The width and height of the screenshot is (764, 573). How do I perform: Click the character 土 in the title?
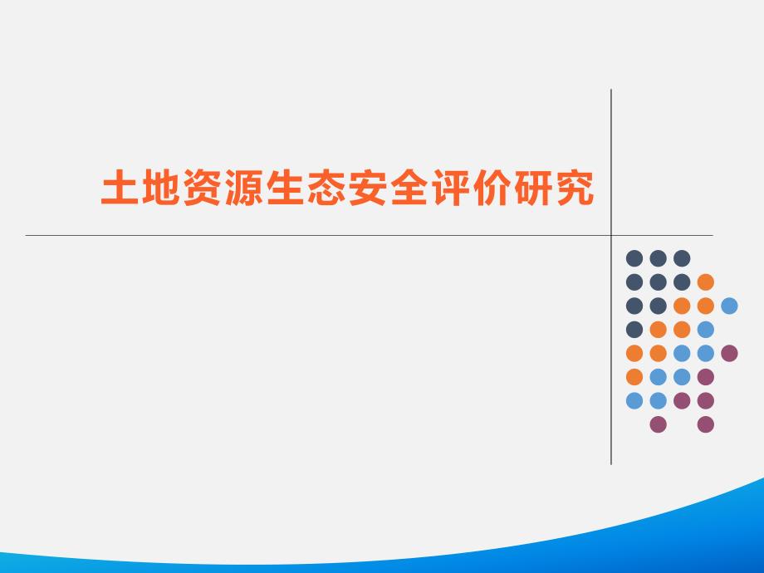120,188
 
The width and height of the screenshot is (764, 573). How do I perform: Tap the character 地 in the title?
160,188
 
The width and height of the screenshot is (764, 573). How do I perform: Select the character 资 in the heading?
202,188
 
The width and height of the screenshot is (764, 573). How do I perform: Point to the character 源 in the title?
243,188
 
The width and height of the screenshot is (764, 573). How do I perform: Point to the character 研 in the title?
533,188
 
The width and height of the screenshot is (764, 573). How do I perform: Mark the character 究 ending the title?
575,188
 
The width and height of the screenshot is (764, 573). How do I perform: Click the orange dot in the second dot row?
706,282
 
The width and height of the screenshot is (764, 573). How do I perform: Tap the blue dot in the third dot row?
729,306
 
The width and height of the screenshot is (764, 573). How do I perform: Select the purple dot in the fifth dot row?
729,353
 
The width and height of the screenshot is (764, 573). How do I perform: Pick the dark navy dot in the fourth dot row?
634,330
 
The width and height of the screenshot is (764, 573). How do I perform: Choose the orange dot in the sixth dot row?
634,377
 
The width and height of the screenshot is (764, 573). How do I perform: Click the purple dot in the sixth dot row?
706,377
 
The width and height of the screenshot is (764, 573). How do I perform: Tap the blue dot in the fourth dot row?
706,330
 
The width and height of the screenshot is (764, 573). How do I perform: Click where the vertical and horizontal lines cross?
611,235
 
